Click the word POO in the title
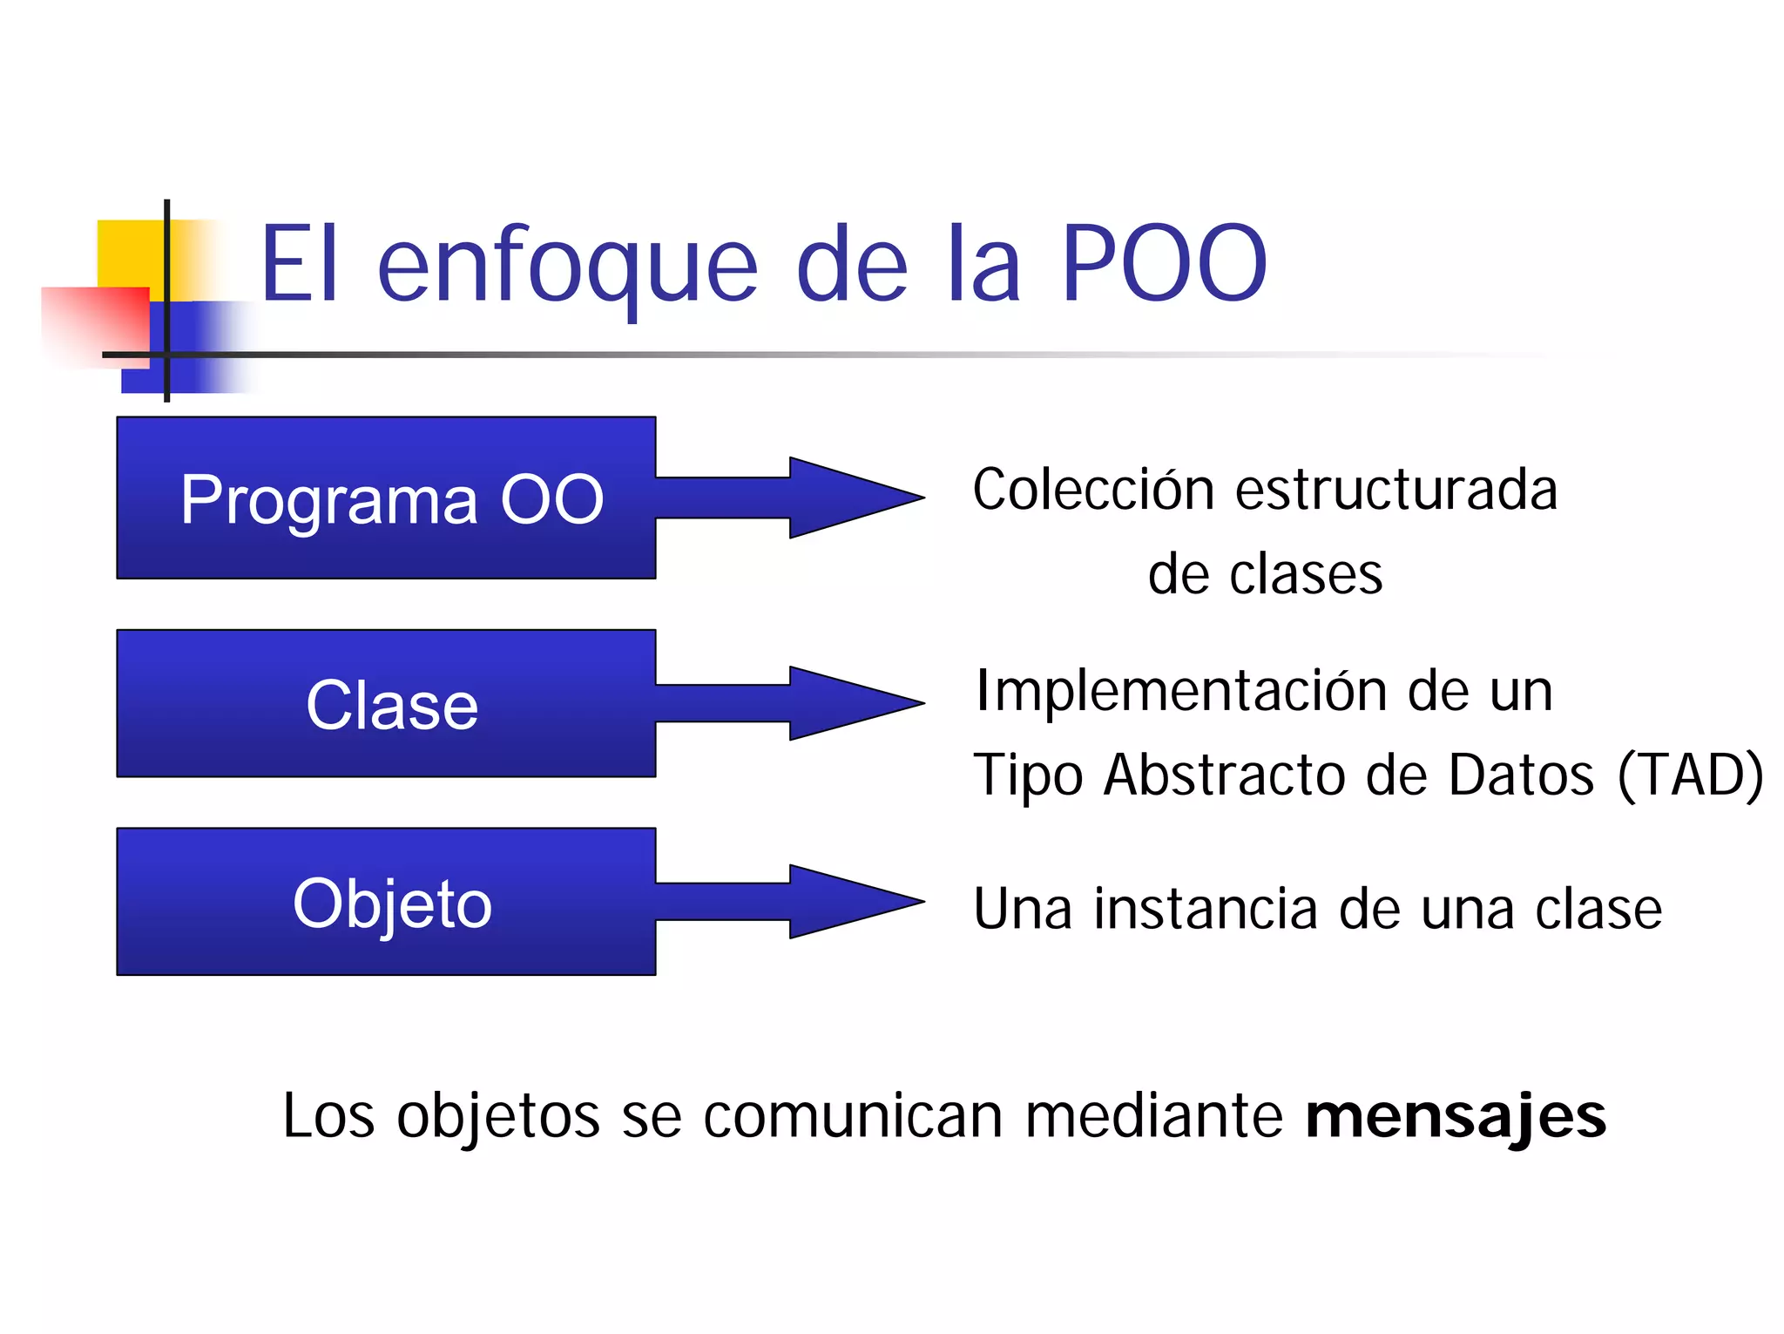point(1163,264)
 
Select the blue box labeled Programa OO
point(386,498)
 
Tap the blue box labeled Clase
point(386,703)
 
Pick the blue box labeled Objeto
point(386,902)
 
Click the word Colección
point(1092,490)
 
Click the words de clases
point(1265,575)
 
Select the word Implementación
point(1180,692)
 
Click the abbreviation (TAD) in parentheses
point(1690,775)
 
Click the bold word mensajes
point(1455,1117)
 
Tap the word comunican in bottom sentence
point(852,1117)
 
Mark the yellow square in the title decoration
point(131,253)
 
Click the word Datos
point(1520,775)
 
